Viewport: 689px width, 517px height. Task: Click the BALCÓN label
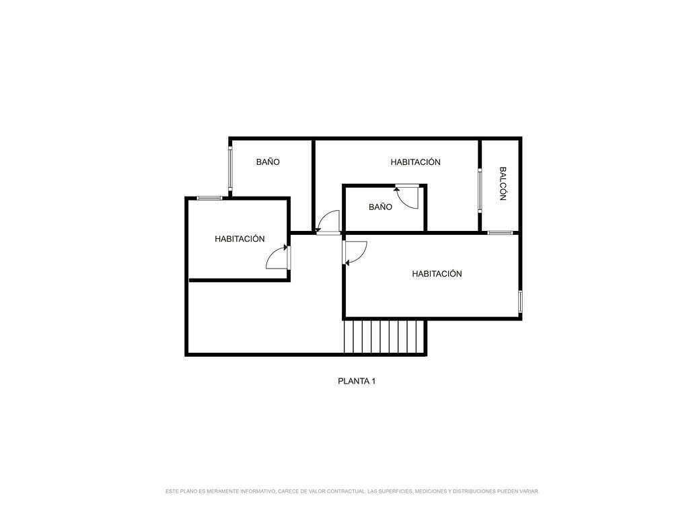pos(503,183)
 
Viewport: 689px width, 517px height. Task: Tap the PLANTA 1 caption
pos(357,381)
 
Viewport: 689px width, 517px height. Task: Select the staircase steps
pos(384,337)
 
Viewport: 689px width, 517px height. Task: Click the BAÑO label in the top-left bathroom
pos(268,162)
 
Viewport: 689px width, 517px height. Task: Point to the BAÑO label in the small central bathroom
pos(381,207)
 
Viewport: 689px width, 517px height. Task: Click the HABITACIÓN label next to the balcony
pos(415,162)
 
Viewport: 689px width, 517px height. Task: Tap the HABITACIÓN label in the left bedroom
pos(240,239)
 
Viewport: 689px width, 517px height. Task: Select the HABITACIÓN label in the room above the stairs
pos(437,273)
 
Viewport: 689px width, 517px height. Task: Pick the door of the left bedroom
pos(278,257)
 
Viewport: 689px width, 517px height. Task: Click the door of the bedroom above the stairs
pos(355,253)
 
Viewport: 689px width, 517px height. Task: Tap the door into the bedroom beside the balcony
pos(328,222)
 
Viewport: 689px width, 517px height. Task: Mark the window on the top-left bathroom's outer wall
pos(230,168)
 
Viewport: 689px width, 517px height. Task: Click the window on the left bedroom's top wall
pos(210,199)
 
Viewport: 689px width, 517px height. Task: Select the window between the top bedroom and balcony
pos(480,191)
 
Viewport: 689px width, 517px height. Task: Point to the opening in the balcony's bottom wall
pos(500,232)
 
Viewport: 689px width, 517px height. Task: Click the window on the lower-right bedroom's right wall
pos(520,302)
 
